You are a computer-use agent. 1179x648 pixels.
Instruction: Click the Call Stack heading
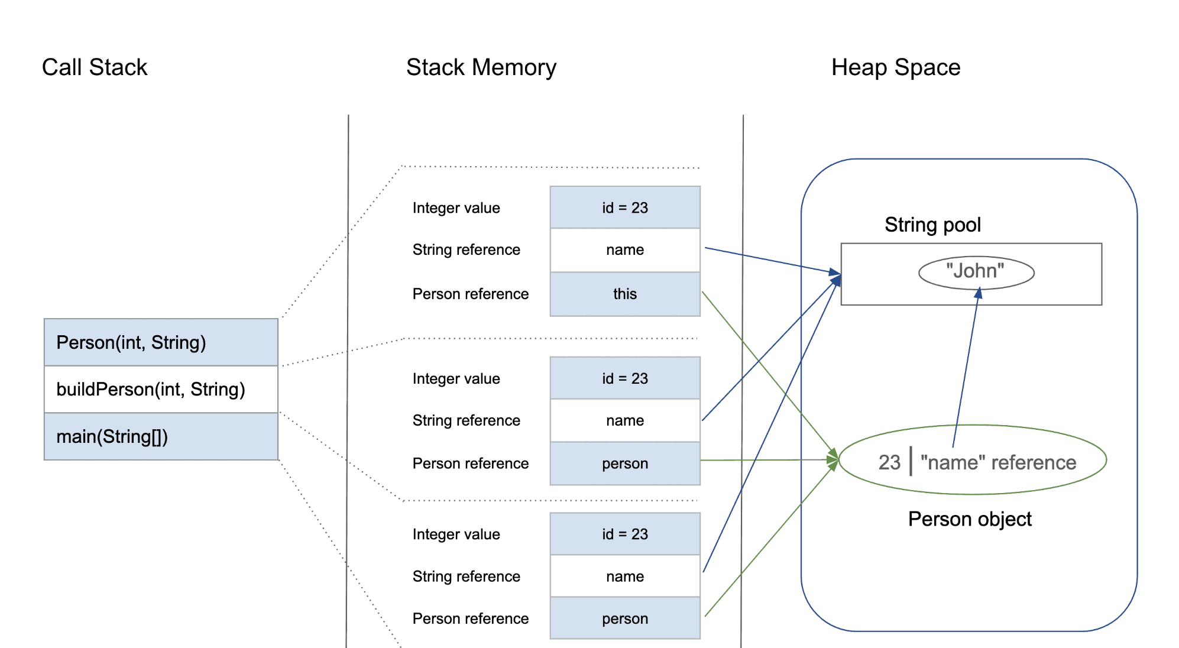pos(95,67)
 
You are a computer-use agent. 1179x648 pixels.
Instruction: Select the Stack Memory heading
pos(481,67)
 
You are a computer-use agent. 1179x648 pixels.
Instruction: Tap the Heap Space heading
pos(896,67)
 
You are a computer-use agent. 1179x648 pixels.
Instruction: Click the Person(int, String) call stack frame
pos(161,342)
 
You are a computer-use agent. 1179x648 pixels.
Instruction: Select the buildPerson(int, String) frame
pos(161,389)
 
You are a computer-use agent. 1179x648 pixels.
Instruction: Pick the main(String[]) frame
pos(161,436)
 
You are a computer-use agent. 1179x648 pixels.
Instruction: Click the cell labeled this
pos(625,294)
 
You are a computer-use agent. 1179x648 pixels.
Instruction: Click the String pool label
pos(932,225)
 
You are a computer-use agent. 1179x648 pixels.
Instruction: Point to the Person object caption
pos(970,519)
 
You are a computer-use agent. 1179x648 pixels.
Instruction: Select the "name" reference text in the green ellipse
pos(999,462)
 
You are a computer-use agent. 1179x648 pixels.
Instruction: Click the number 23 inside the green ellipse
pos(889,462)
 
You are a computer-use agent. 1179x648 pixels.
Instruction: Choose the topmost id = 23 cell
pos(625,208)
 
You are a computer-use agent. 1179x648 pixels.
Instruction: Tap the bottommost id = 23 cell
pos(625,534)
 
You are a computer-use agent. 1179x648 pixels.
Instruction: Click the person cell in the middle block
pos(625,464)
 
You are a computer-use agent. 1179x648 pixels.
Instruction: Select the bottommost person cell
pos(625,618)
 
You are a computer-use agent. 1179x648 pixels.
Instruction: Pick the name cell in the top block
pos(625,250)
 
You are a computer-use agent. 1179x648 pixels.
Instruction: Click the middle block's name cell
pos(625,420)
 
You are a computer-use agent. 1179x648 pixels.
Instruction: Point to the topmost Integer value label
pos(456,208)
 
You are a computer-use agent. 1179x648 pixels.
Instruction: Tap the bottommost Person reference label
pos(471,618)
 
